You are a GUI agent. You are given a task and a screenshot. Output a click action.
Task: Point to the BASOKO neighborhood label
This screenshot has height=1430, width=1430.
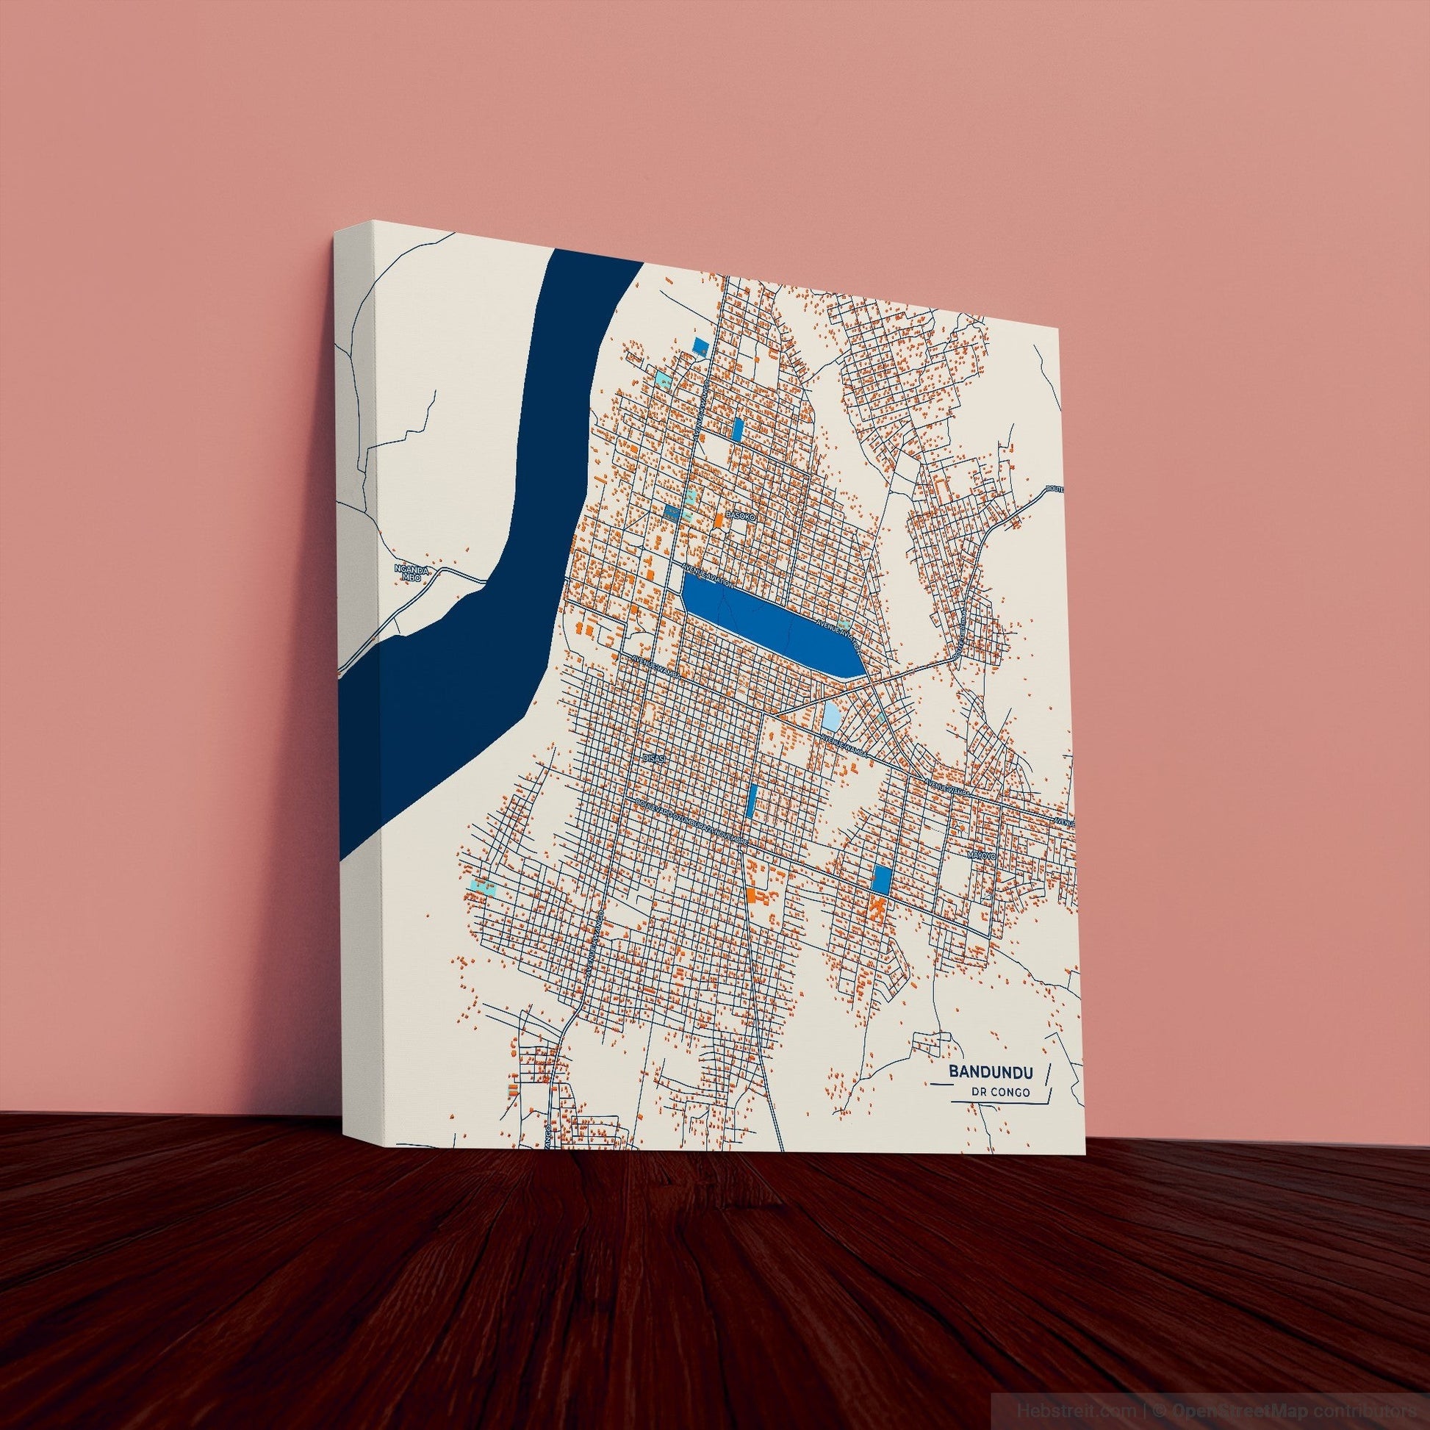(x=739, y=515)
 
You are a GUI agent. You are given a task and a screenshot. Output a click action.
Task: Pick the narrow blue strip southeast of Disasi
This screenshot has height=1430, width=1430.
(x=752, y=799)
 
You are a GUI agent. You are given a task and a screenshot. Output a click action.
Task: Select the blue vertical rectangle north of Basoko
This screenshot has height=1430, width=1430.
(x=737, y=429)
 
